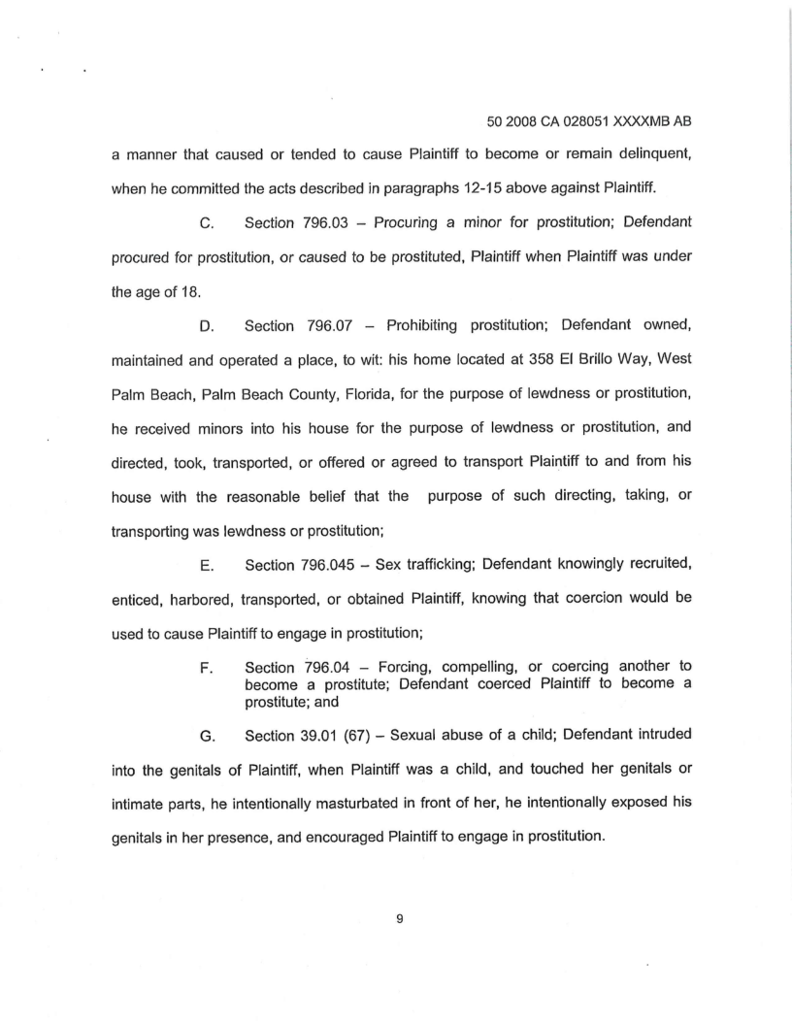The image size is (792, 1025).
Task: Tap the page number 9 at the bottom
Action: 399,920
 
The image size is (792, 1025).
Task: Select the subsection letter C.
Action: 206,223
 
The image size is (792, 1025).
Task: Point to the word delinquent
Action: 646,155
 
